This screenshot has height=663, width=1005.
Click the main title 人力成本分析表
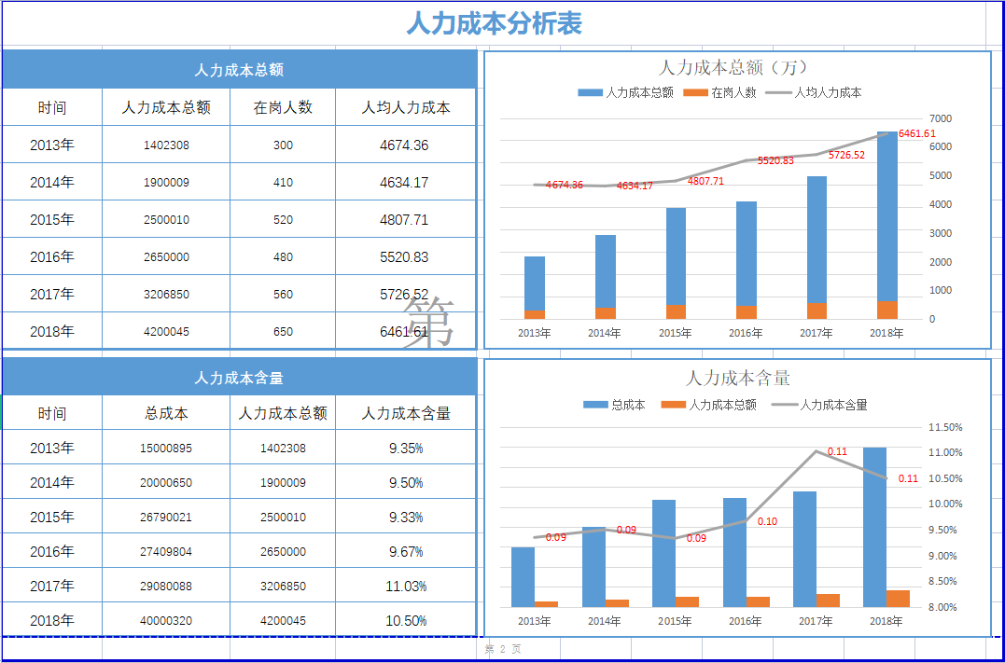pos(494,23)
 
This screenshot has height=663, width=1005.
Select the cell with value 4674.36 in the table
pos(404,145)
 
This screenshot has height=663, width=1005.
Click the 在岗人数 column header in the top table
pos(283,108)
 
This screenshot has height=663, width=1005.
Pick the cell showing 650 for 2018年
pos(283,332)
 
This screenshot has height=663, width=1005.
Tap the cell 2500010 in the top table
pos(166,220)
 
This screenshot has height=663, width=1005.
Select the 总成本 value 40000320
pos(166,621)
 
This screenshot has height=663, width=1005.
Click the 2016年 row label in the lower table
pos(51,552)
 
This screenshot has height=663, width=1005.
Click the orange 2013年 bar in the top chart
pos(535,314)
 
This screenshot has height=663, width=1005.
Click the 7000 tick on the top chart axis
pos(940,118)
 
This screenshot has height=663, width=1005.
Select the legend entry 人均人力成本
pos(827,93)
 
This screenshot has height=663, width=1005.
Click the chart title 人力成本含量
pos(737,378)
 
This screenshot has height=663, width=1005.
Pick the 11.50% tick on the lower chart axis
pos(945,427)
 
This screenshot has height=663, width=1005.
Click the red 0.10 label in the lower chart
pos(766,522)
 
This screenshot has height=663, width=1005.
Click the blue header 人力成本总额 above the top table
pos(239,70)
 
